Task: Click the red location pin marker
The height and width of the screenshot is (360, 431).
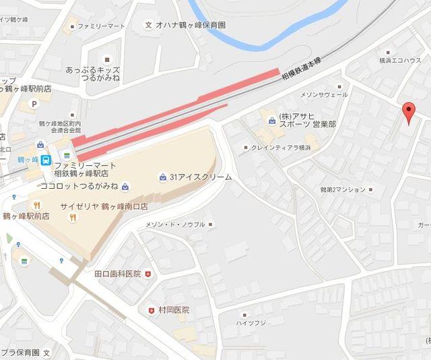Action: click(407, 112)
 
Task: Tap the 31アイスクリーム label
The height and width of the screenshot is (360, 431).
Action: click(200, 177)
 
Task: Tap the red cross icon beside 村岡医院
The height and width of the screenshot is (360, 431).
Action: click(151, 311)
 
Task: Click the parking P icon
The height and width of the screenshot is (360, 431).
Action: click(32, 104)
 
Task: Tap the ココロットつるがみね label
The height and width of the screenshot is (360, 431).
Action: click(79, 186)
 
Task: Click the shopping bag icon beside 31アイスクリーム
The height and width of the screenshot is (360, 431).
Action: click(163, 177)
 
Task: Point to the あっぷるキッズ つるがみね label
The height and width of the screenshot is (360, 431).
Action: click(92, 74)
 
